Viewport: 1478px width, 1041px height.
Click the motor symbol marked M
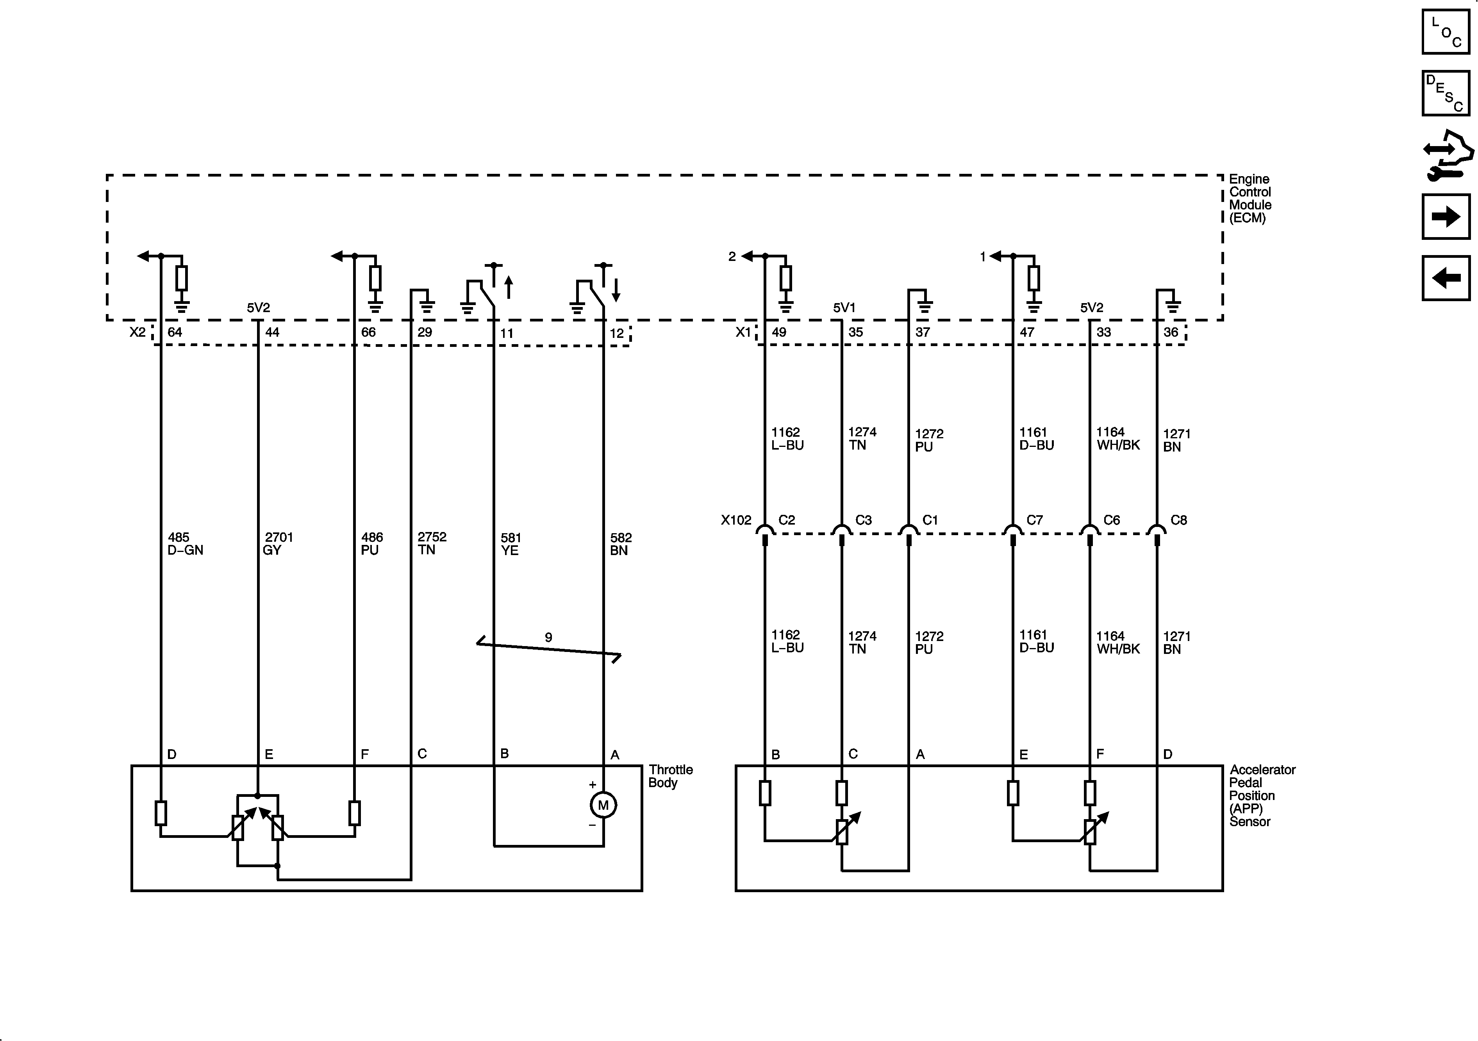pyautogui.click(x=603, y=805)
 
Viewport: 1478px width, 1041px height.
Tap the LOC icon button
pyautogui.click(x=1446, y=32)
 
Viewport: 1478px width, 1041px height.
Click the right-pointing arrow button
pyautogui.click(x=1446, y=216)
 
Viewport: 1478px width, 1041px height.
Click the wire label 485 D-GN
pyautogui.click(x=185, y=543)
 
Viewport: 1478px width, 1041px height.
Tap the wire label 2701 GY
pyautogui.click(x=278, y=543)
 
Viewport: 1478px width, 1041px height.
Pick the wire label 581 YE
pyautogui.click(x=511, y=543)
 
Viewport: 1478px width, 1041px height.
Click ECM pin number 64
pyautogui.click(x=175, y=332)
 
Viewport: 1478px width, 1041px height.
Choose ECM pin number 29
pyautogui.click(x=425, y=332)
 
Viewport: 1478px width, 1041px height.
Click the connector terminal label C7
pyautogui.click(x=1034, y=520)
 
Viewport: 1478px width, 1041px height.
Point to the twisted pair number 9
pyautogui.click(x=548, y=637)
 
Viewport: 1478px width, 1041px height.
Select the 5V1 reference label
pyautogui.click(x=844, y=308)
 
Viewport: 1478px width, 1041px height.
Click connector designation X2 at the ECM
pyautogui.click(x=137, y=332)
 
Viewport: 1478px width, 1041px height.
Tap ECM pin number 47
pyautogui.click(x=1027, y=332)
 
